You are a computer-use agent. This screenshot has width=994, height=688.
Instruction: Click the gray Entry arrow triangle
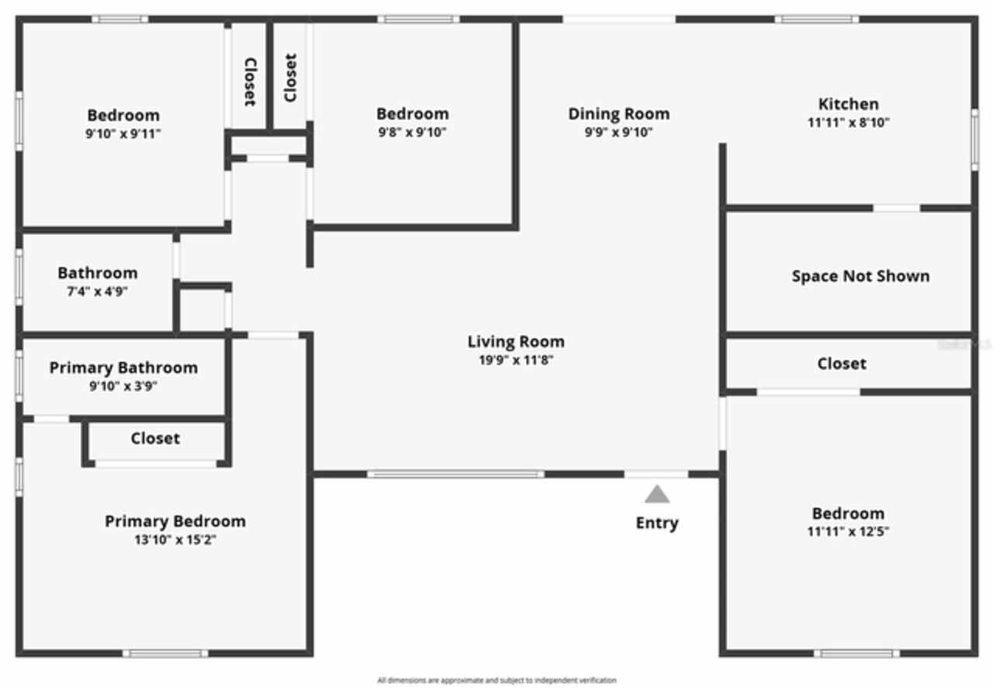pyautogui.click(x=657, y=494)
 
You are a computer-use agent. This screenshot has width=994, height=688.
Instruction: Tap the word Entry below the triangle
pyautogui.click(x=657, y=523)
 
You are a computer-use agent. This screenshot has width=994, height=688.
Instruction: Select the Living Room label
pyautogui.click(x=516, y=342)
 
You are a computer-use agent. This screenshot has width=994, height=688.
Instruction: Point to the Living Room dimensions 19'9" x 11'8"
pyautogui.click(x=516, y=360)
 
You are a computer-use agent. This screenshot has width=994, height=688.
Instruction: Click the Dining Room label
pyautogui.click(x=618, y=114)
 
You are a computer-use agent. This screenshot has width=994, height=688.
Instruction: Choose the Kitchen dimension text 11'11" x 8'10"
pyautogui.click(x=848, y=122)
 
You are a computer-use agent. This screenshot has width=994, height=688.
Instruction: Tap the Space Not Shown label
pyautogui.click(x=860, y=276)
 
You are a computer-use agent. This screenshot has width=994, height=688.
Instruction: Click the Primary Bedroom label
pyautogui.click(x=175, y=521)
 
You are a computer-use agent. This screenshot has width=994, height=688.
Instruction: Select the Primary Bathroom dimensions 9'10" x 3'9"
pyautogui.click(x=123, y=386)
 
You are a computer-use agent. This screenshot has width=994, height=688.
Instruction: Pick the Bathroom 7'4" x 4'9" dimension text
pyautogui.click(x=97, y=291)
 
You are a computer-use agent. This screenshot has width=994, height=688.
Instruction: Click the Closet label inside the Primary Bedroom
pyautogui.click(x=155, y=438)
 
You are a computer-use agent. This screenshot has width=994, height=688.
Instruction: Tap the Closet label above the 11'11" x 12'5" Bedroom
pyautogui.click(x=842, y=363)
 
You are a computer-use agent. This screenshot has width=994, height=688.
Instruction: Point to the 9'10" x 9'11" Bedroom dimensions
pyautogui.click(x=123, y=134)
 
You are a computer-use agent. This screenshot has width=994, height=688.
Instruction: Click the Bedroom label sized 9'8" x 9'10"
pyautogui.click(x=412, y=114)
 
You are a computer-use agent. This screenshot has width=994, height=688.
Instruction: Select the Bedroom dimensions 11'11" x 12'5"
pyautogui.click(x=848, y=532)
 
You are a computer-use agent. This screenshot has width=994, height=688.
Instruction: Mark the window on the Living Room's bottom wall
pyautogui.click(x=456, y=474)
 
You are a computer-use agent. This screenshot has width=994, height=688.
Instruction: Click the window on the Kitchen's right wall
pyautogui.click(x=975, y=140)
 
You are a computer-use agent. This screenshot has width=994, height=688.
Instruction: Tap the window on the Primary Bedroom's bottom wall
pyautogui.click(x=165, y=653)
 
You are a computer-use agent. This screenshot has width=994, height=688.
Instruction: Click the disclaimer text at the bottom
pyautogui.click(x=497, y=680)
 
